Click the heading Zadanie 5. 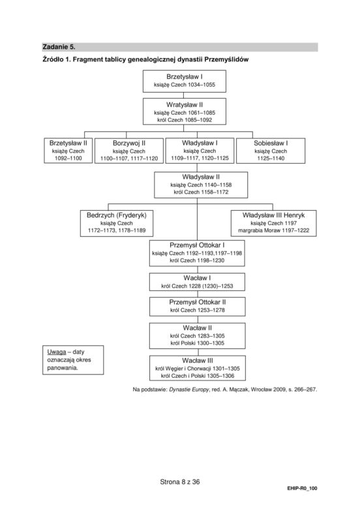(59, 47)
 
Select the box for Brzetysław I (184, 81)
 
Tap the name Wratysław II (185, 105)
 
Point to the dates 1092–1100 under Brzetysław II (68, 159)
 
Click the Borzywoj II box (129, 151)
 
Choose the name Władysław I (200, 143)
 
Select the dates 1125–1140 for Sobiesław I (271, 159)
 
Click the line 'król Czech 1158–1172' (201, 192)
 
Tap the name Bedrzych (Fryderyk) (117, 215)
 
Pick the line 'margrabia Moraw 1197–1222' (274, 230)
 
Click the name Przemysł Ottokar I (197, 245)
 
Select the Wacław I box (197, 282)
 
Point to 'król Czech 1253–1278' (198, 310)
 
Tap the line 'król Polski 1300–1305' (197, 343)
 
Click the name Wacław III (198, 361)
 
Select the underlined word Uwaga (57, 352)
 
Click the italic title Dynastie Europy (189, 390)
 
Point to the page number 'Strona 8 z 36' (180, 482)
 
